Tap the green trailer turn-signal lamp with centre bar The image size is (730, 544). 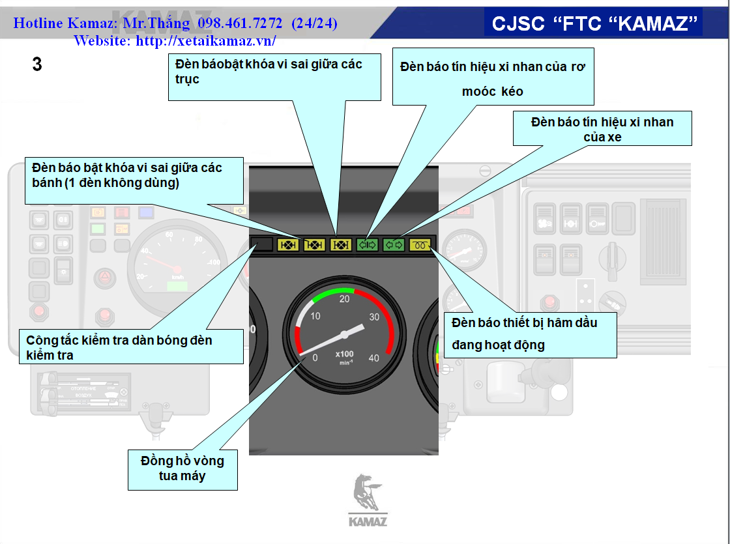(368, 245)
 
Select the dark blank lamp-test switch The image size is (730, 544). (262, 245)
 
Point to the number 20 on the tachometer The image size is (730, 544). (345, 298)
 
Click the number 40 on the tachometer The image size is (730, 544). (373, 358)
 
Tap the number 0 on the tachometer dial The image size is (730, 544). (315, 358)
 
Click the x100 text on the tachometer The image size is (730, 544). (344, 354)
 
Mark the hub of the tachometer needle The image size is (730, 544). (343, 335)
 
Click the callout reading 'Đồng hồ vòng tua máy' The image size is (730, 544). (182, 468)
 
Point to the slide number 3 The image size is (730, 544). (37, 64)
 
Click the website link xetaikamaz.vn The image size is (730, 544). (175, 40)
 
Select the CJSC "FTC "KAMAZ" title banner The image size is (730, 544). (592, 23)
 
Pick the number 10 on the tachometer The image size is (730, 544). (315, 316)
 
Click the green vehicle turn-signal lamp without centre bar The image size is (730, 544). (394, 245)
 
